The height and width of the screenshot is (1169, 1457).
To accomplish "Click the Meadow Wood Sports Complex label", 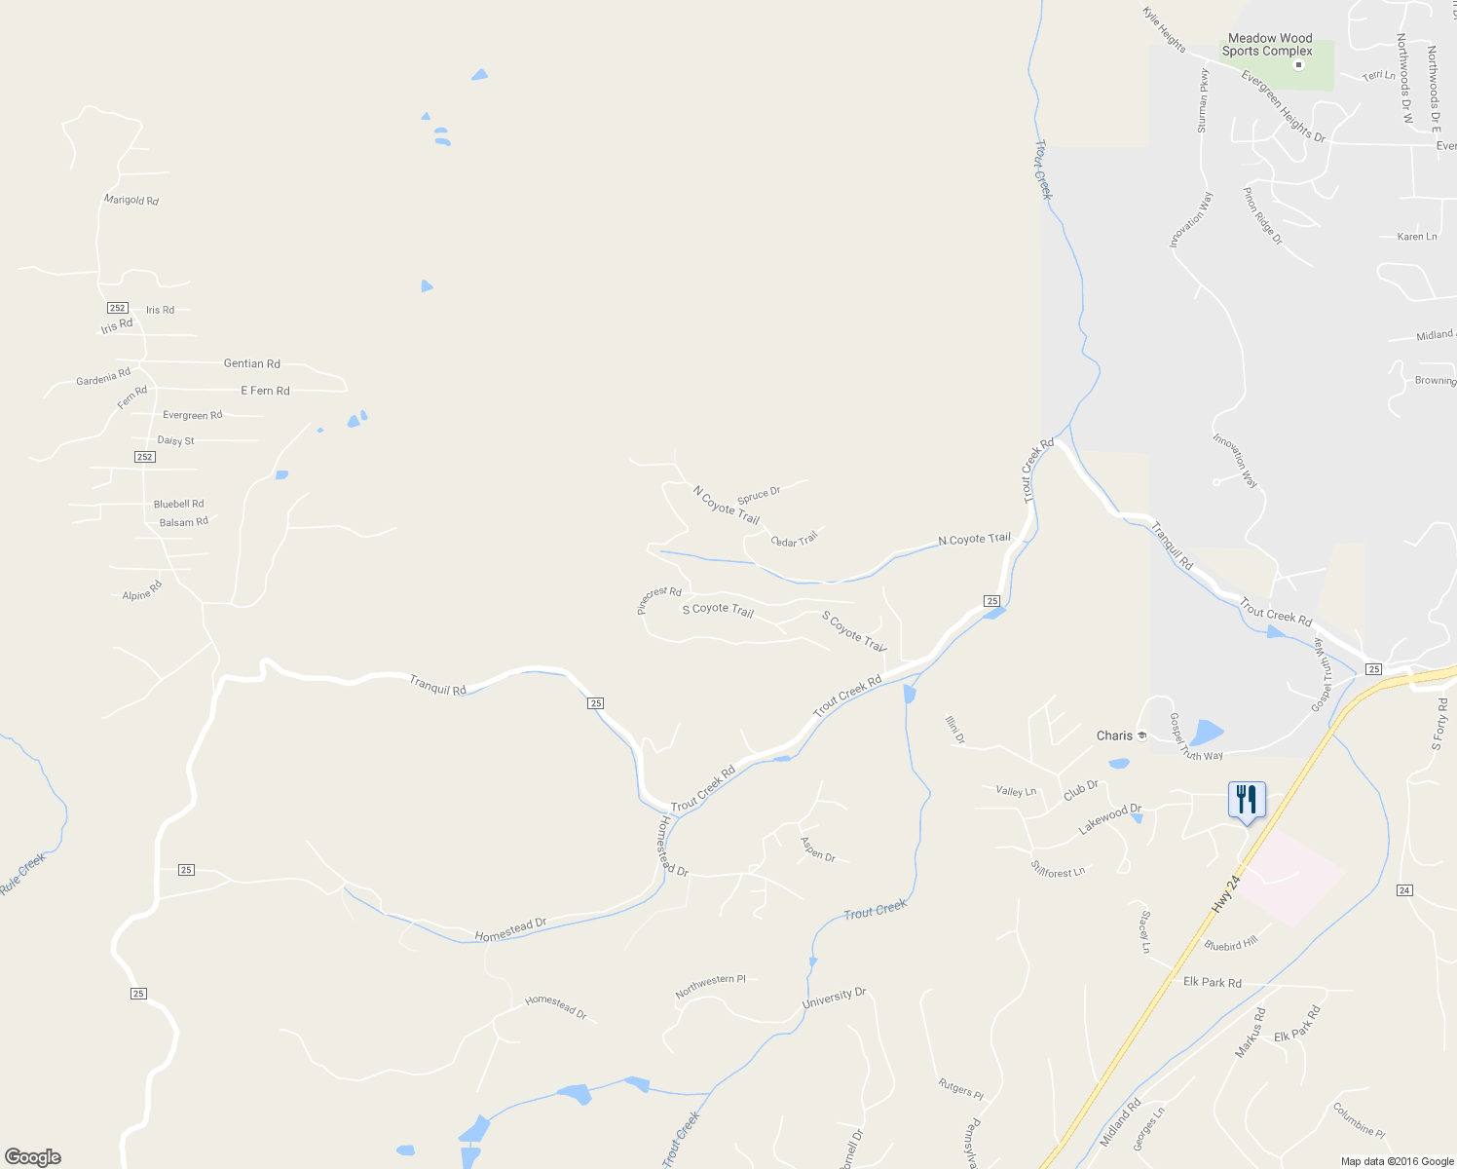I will [1269, 45].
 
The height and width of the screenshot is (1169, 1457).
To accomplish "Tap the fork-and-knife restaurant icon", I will [1246, 800].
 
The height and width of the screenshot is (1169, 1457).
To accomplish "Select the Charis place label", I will [1115, 735].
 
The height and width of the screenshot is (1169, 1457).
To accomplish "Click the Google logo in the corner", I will [32, 1157].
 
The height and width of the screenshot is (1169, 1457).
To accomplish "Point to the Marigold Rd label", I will [131, 200].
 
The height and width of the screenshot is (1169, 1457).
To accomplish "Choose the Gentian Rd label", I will [252, 363].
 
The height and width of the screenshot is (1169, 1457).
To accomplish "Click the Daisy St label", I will [176, 440].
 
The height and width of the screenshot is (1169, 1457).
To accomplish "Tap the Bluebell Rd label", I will [179, 504].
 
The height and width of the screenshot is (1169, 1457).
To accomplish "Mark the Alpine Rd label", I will [142, 590].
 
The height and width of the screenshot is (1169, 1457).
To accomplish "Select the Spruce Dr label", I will [759, 495].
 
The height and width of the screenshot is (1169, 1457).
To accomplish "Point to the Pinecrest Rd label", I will [658, 598].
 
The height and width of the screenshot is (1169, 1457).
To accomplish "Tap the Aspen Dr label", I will [817, 849].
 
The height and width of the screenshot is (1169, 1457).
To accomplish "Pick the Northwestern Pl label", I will [710, 986].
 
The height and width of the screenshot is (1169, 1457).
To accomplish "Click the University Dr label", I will [834, 998].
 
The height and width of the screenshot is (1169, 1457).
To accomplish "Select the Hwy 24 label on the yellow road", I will [1226, 893].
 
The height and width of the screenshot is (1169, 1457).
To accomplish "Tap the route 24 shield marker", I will [1404, 889].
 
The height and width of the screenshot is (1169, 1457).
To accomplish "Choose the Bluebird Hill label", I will [1231, 943].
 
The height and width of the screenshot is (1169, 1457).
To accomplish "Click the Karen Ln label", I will [1417, 237].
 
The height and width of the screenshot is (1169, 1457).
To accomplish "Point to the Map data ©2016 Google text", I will [1397, 1161].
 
